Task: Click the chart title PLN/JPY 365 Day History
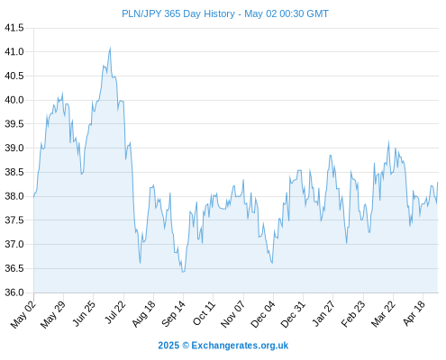point(178,13)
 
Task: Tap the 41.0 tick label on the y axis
point(14,52)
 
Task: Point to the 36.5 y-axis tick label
point(14,268)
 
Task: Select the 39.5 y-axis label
point(14,124)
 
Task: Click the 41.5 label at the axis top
point(14,28)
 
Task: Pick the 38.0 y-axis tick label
point(14,196)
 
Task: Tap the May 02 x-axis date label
point(23,314)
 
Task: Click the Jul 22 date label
point(115,312)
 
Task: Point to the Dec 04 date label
point(263,314)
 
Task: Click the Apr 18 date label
point(414,313)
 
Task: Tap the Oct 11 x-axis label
point(205,313)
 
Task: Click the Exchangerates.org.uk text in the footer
point(240,346)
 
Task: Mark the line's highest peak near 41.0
point(110,48)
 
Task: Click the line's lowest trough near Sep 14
point(183,272)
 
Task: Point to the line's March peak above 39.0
point(388,141)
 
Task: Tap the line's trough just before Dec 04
point(272,263)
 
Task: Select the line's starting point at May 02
point(34,196)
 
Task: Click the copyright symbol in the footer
point(186,346)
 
